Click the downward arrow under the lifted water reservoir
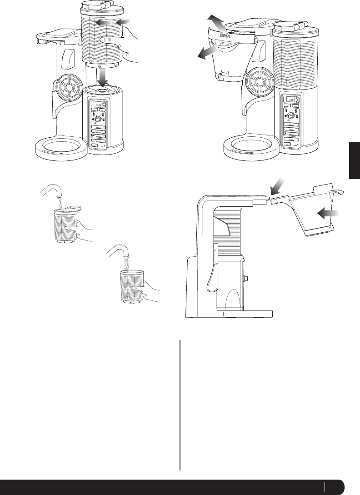(x=105, y=76)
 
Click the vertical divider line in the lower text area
(x=180, y=405)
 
